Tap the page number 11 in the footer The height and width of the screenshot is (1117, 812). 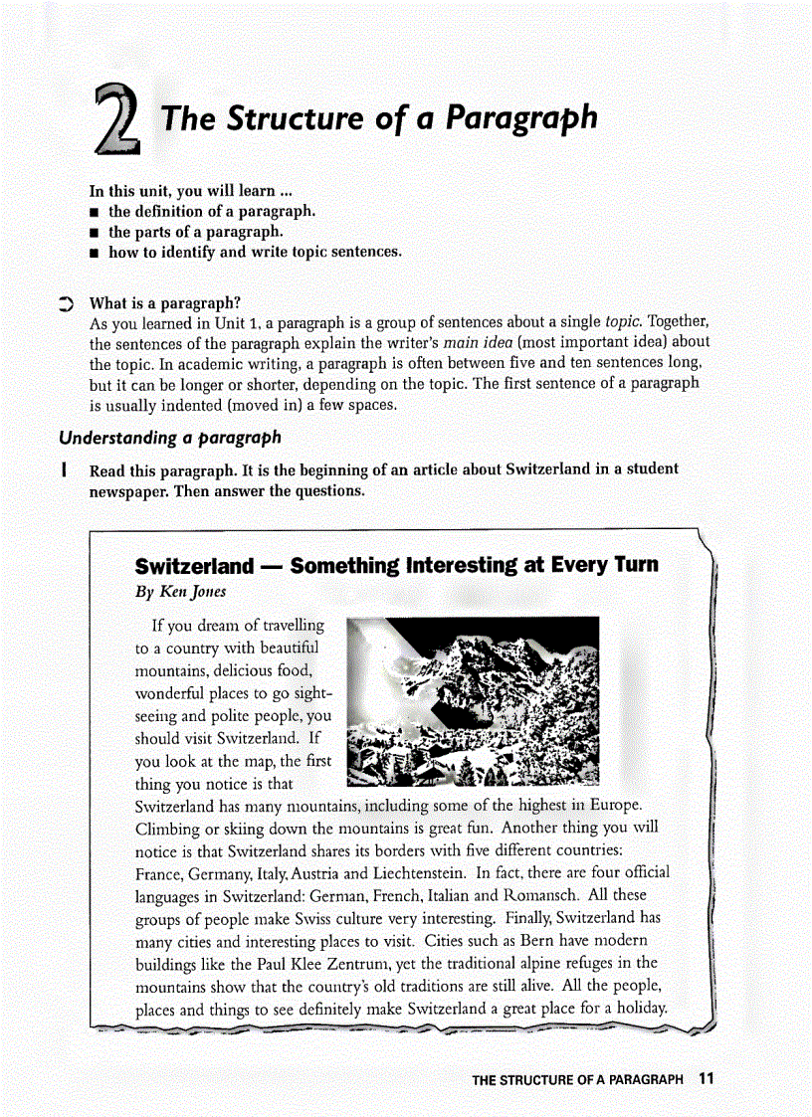coord(707,1078)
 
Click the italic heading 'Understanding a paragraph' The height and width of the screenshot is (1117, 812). coord(170,438)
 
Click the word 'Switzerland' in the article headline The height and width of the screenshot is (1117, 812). coord(195,566)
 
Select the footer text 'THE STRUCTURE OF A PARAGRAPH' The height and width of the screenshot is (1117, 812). coord(577,1079)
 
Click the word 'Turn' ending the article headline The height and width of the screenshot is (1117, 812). coord(636,566)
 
